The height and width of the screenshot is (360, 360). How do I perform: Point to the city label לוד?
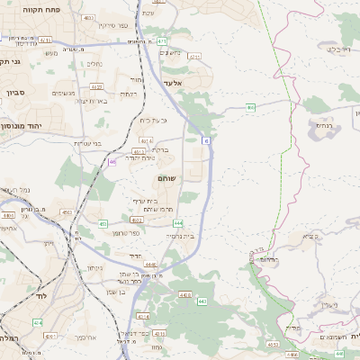[x=17, y=295]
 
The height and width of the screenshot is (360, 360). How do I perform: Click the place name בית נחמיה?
[x=181, y=236]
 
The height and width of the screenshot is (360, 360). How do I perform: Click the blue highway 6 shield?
[x=206, y=140]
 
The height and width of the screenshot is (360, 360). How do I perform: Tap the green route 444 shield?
[x=178, y=222]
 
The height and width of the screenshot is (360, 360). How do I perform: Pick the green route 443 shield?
[x=202, y=301]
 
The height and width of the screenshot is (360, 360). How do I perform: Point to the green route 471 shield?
[x=160, y=41]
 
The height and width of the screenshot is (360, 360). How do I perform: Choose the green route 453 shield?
[x=103, y=223]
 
